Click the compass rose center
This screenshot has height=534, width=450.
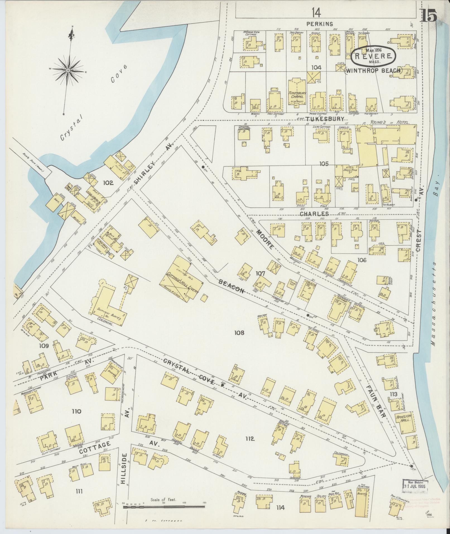click(x=68, y=70)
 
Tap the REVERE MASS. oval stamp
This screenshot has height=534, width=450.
click(x=373, y=56)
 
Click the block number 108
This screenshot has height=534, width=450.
click(x=239, y=332)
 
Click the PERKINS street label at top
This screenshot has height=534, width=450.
click(x=319, y=24)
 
